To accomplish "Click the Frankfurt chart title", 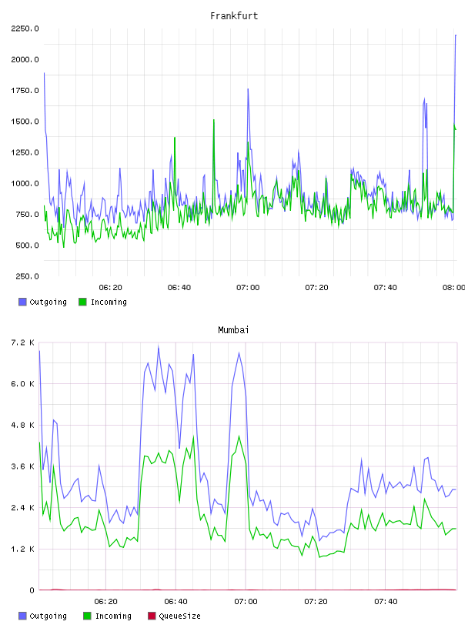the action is tap(234, 15).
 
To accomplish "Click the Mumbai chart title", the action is tap(233, 329).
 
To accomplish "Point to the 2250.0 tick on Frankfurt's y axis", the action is tap(25, 28).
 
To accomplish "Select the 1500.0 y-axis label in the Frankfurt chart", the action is tap(25, 122).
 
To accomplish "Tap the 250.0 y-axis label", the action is tap(27, 276).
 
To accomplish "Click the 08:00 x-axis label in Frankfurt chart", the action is tap(453, 287).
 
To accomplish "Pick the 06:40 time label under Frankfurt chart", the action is tap(179, 287).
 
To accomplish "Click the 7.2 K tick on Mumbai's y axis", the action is tap(22, 342).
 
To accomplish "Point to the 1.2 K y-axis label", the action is tap(22, 549).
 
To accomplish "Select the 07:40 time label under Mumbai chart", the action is tap(386, 601).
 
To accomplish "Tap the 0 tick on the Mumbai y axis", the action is tap(32, 590).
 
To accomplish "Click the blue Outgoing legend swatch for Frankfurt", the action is tap(22, 302).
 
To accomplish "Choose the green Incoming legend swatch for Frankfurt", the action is tap(82, 302).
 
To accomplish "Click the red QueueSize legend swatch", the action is tap(152, 616).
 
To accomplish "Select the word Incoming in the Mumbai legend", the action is tap(113, 616).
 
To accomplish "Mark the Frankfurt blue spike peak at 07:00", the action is tap(248, 89).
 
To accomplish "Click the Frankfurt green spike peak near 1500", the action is tap(213, 120).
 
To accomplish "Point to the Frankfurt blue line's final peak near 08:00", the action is tap(456, 35).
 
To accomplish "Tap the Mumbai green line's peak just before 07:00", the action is tap(239, 436).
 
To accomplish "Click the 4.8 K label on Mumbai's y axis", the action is tap(22, 425).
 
